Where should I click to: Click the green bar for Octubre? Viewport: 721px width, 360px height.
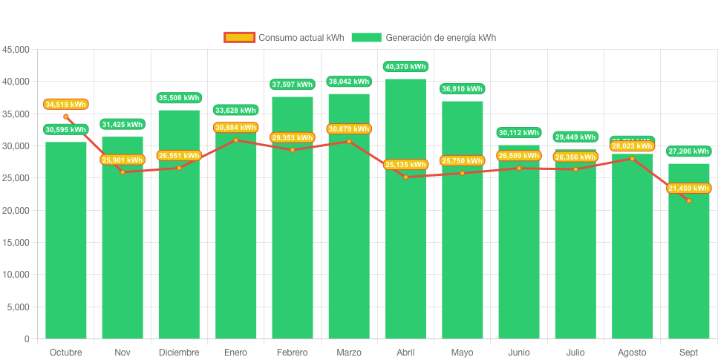point(66,245)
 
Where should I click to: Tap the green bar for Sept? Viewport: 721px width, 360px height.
point(688,267)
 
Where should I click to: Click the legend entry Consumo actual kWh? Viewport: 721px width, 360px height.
point(284,38)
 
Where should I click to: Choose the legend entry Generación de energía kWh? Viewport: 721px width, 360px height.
point(424,38)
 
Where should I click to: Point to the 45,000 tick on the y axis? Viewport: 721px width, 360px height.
point(16,50)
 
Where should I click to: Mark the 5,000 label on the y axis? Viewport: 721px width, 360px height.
point(18,307)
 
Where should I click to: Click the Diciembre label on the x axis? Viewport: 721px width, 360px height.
point(179,353)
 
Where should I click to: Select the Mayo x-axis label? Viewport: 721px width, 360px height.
point(462,353)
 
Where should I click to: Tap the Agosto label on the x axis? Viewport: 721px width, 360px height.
point(632,353)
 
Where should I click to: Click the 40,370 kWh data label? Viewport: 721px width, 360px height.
point(405,67)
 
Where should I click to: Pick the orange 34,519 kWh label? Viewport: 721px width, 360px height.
point(66,105)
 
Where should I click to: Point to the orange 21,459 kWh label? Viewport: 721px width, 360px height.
point(688,189)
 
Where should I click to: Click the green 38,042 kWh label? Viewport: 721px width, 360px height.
point(349,82)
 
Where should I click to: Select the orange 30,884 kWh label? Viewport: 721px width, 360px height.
point(236,128)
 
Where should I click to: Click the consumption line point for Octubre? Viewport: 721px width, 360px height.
point(66,117)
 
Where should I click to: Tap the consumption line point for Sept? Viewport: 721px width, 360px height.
point(688,200)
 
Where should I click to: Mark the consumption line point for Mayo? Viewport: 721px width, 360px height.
point(462,173)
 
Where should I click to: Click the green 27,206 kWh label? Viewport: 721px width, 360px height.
point(688,151)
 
